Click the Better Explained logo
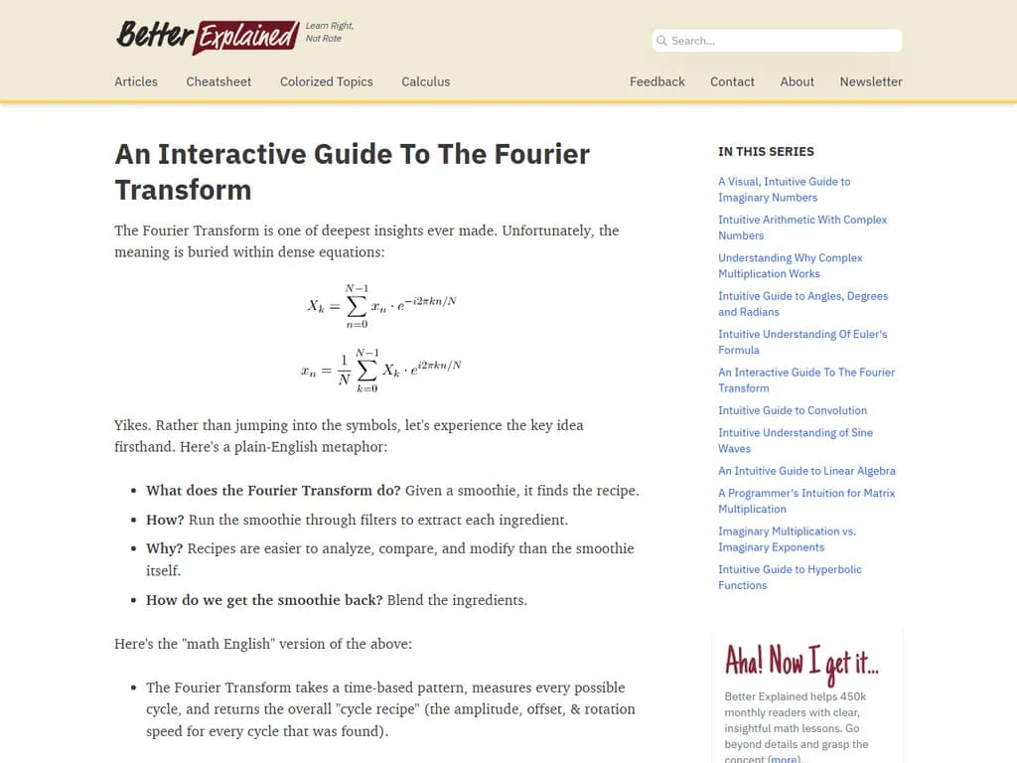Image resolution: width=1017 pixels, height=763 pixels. pos(208,36)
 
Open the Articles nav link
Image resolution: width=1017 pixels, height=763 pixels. pos(136,81)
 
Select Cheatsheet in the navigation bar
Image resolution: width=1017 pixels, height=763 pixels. pos(218,81)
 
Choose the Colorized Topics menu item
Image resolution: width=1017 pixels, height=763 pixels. pos(326,81)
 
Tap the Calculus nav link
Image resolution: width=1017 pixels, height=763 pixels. pos(425,81)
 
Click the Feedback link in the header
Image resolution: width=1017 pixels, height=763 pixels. pos(656,81)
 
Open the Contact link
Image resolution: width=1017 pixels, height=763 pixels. pos(732,81)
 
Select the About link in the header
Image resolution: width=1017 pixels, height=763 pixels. pos(797,81)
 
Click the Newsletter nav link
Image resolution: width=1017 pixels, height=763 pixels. pos(870,81)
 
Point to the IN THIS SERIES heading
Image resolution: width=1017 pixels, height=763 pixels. pos(766,152)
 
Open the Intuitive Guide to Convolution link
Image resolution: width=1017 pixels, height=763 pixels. pos(792,410)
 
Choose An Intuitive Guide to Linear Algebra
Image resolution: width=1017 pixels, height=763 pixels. pos(806,471)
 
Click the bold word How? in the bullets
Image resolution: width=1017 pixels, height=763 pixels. pos(165,520)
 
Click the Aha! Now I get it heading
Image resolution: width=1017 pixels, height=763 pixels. pos(800,661)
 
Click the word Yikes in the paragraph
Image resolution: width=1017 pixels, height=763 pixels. pos(132,425)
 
